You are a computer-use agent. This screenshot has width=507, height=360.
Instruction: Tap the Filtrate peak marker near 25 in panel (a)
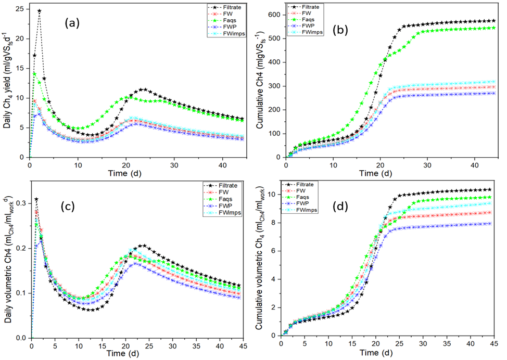pos(39,10)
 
